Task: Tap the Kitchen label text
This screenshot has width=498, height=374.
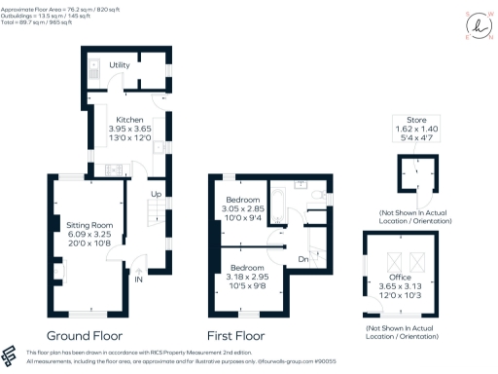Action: pos(130,120)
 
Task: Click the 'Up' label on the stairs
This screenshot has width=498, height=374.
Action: pos(154,195)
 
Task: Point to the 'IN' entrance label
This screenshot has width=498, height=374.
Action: pos(137,279)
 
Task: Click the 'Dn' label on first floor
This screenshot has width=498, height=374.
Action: pos(303,259)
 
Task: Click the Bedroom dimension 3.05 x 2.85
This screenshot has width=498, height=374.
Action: pos(238,209)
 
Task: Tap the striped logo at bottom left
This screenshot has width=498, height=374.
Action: pos(11,355)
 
